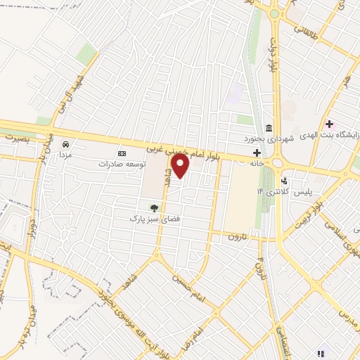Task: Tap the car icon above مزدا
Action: coord(65,143)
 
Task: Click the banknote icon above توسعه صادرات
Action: coord(122,153)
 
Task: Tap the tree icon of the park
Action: coord(154,207)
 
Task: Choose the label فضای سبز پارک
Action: coord(149,219)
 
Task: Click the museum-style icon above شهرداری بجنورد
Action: coord(269,127)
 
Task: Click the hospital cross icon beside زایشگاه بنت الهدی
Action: coord(328,124)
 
